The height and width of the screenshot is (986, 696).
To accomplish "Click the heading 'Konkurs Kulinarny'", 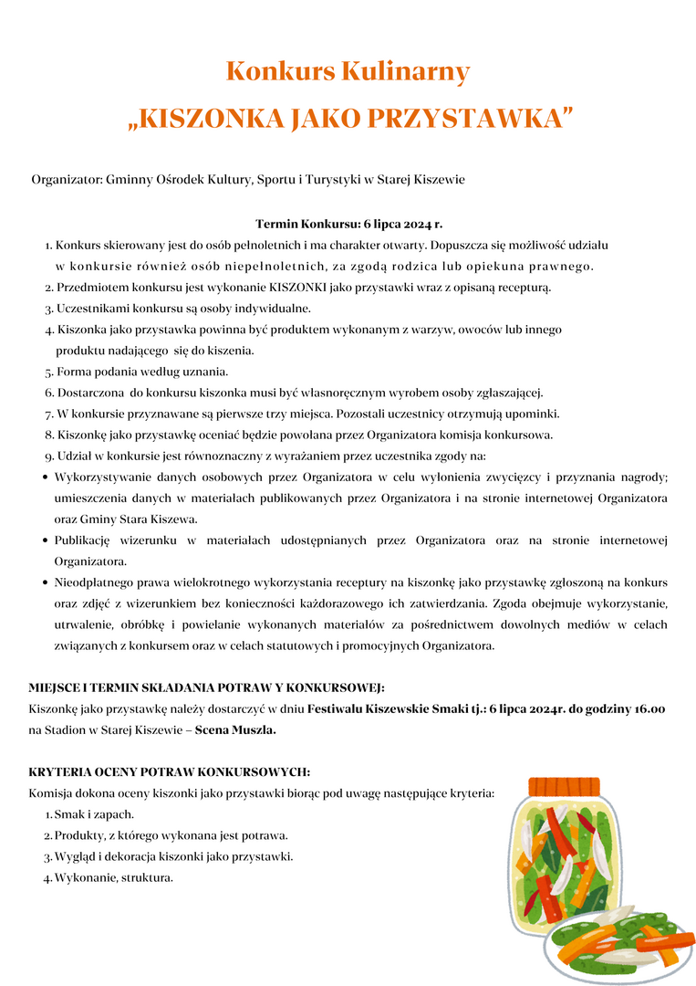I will (348, 71).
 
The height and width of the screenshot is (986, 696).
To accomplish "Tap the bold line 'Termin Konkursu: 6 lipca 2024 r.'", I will (348, 224).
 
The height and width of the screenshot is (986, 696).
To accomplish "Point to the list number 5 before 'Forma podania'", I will (48, 372).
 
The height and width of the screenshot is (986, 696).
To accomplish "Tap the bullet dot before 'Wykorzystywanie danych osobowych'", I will (45, 477).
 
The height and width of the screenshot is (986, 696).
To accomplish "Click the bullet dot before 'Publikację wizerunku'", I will (45, 540).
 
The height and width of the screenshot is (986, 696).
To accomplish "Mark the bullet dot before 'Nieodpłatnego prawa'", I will (45, 582).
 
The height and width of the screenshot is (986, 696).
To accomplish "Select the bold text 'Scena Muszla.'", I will (235, 730).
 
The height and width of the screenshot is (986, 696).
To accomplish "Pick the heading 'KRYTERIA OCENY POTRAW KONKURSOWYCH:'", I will (170, 772).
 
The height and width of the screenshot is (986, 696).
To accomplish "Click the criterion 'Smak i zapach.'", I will (94, 814).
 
